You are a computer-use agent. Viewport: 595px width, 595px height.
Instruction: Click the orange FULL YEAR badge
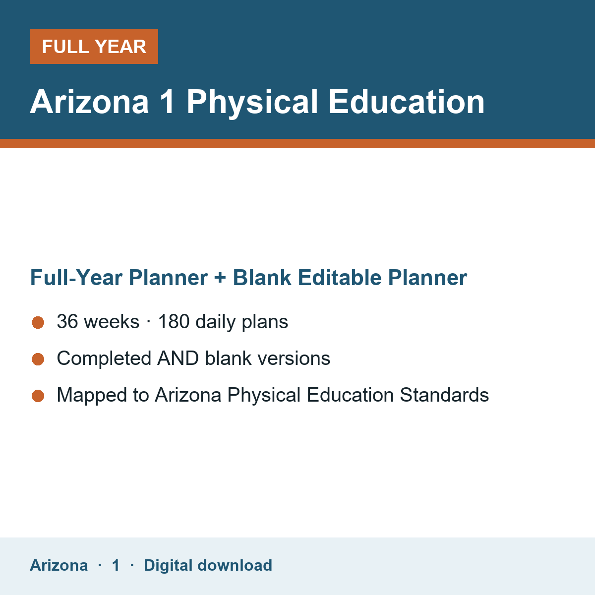[94, 46]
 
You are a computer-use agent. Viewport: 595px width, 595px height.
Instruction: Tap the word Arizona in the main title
[89, 102]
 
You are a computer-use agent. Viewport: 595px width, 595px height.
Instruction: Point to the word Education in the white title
[407, 102]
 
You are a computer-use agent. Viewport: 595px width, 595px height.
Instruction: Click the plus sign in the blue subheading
[220, 278]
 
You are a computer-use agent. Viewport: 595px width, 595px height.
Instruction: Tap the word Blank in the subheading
[262, 277]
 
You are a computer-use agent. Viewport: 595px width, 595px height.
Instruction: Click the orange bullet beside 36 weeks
[38, 322]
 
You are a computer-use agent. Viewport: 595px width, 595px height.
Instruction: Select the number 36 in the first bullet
[67, 321]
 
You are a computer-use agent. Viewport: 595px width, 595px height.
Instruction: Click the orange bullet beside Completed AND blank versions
[38, 359]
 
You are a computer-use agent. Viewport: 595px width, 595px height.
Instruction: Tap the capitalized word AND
[178, 358]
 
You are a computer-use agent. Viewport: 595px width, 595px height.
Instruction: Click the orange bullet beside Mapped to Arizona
[38, 396]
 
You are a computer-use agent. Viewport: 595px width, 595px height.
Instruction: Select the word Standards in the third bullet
[444, 395]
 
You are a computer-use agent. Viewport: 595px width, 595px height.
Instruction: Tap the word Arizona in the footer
[59, 565]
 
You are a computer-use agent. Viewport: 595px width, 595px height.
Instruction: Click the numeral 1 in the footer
[116, 565]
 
